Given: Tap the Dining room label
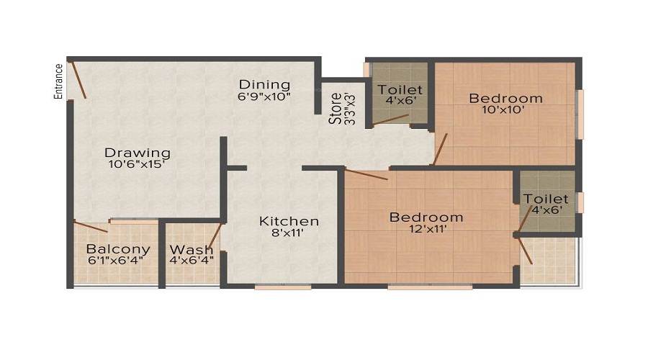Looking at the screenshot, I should (264, 84).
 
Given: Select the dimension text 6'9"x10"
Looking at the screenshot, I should (264, 96).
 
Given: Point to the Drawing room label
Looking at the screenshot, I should (138, 153).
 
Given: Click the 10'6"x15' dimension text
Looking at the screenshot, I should (138, 165).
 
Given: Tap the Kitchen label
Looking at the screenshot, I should (289, 221).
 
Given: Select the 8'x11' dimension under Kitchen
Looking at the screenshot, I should (289, 234).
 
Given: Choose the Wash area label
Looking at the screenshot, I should (192, 250).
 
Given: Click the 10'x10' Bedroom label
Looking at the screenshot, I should (505, 98).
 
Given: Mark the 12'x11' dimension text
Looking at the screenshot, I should (426, 230).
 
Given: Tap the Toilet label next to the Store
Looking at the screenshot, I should (400, 90).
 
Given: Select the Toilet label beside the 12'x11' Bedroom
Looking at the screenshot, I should (546, 199).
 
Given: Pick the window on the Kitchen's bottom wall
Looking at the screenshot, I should (283, 287).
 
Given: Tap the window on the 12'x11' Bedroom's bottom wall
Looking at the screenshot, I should (430, 287).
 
